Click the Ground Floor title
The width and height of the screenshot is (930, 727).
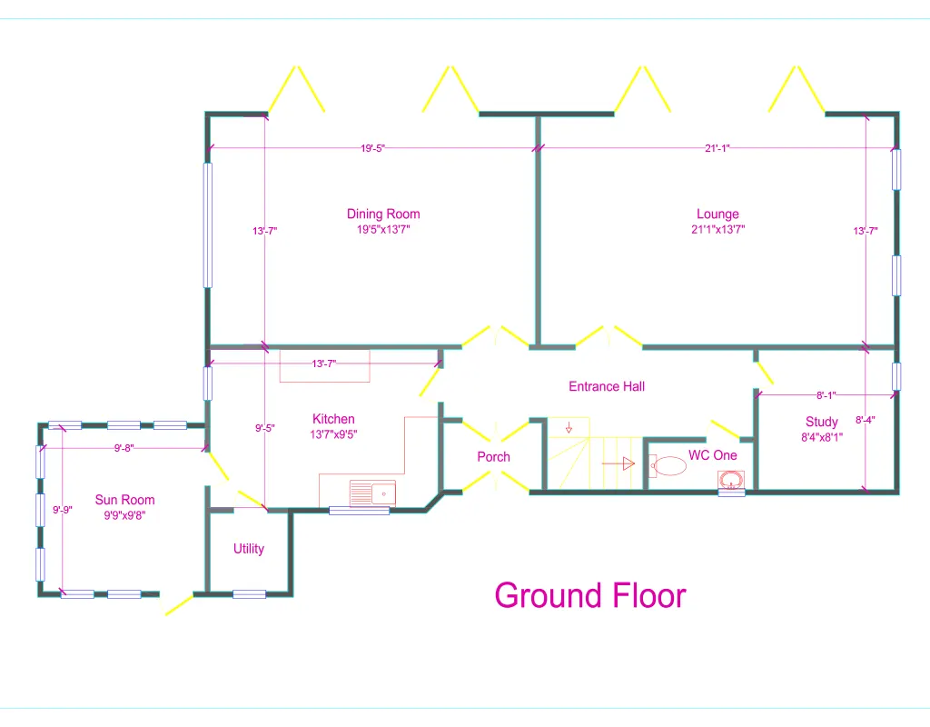[589, 596]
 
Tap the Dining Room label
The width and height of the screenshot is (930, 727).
[383, 214]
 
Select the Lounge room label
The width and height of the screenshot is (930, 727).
[717, 214]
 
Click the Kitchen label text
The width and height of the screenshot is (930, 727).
[333, 419]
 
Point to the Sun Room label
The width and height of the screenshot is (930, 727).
[124, 500]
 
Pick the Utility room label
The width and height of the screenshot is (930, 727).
[249, 549]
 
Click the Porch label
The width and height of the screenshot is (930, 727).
[493, 457]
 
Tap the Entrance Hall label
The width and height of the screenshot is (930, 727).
[607, 387]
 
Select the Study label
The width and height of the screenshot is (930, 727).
[822, 422]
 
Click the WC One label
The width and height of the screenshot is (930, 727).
[713, 455]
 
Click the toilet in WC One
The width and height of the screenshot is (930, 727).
[668, 466]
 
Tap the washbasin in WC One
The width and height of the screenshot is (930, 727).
[731, 480]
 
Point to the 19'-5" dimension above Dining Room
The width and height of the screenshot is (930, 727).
[372, 148]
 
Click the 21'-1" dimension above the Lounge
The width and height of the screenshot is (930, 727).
[717, 148]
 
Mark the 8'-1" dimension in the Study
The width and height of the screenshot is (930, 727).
[826, 395]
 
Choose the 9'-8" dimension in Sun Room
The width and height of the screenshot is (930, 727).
[124, 448]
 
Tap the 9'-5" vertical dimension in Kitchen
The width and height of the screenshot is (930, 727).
[264, 429]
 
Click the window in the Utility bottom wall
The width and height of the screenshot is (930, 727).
[249, 594]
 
